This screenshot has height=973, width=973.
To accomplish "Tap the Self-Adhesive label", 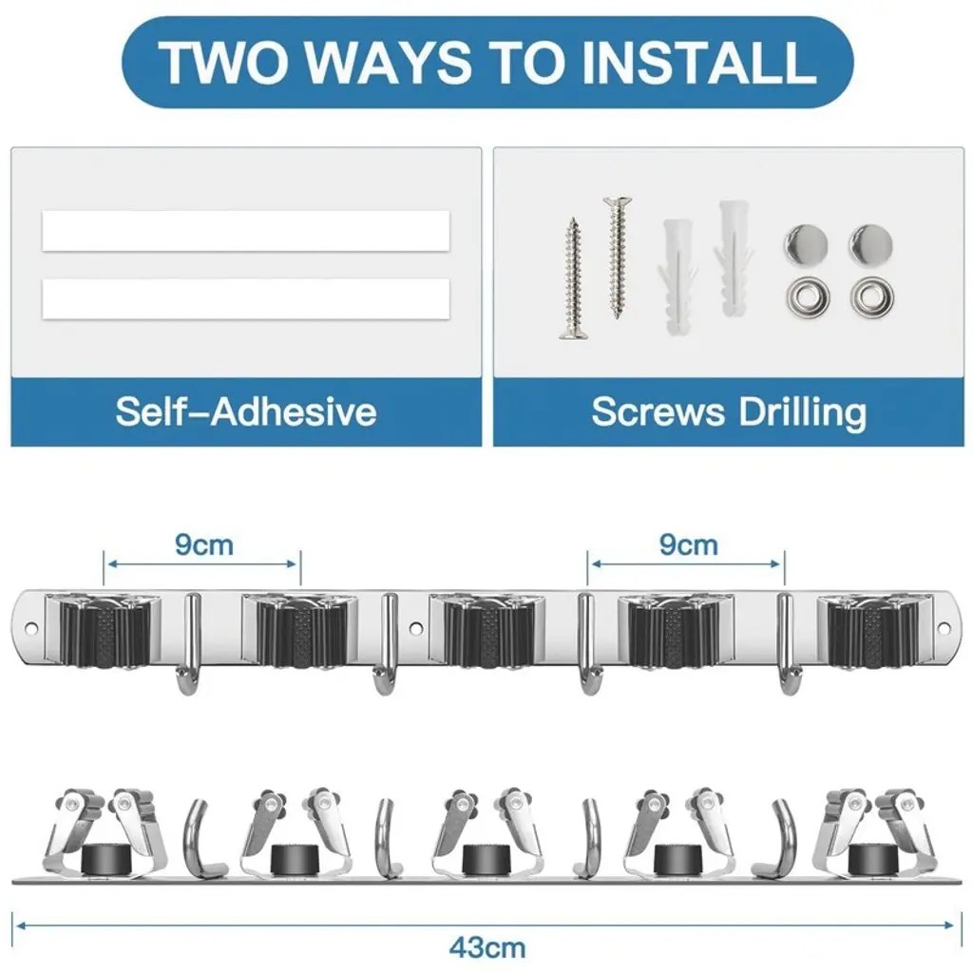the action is (246, 411).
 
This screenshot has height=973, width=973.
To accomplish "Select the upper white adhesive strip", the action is (246, 231).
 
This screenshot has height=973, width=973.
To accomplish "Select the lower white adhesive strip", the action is (246, 299).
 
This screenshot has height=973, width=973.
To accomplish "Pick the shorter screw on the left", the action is (573, 278).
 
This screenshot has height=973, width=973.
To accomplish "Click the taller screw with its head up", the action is (617, 258).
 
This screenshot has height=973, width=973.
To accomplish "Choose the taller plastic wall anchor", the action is (735, 258).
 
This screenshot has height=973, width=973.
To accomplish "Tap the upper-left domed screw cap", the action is (806, 244).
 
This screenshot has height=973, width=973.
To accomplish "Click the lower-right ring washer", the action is (872, 296).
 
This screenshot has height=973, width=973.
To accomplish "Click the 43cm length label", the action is (487, 948).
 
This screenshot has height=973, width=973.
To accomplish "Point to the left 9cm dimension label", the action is (203, 545).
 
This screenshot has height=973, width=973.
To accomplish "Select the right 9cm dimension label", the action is (688, 545).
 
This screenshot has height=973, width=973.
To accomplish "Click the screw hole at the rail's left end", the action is (30, 629).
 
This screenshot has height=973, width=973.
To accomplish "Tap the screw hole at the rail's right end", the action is (944, 629).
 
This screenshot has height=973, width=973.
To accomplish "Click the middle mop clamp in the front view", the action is (487, 630).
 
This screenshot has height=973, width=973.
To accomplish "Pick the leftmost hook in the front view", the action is (189, 644).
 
